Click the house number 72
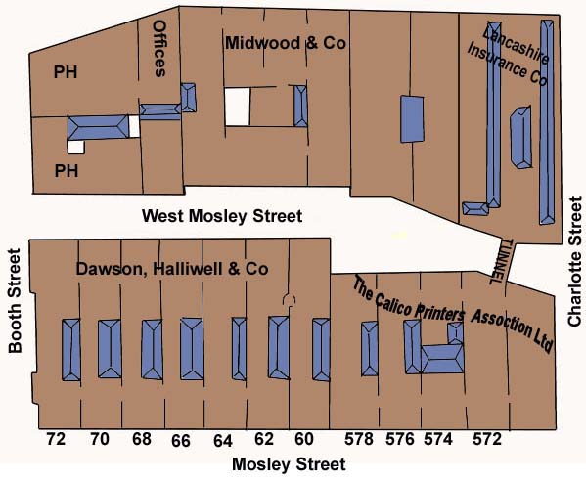click(56, 439)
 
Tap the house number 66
click(181, 441)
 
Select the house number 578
click(359, 439)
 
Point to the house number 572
click(487, 439)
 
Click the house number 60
click(304, 439)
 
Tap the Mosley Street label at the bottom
click(289, 464)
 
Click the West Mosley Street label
click(222, 216)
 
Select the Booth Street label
click(16, 301)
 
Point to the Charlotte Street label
click(575, 261)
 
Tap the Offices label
click(159, 49)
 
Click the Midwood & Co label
click(286, 43)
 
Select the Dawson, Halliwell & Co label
click(172, 269)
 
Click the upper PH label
click(66, 72)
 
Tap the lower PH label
click(67, 171)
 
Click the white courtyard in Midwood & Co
click(238, 107)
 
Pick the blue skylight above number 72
click(71, 350)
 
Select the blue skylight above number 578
click(370, 349)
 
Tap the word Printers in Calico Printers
click(440, 312)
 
